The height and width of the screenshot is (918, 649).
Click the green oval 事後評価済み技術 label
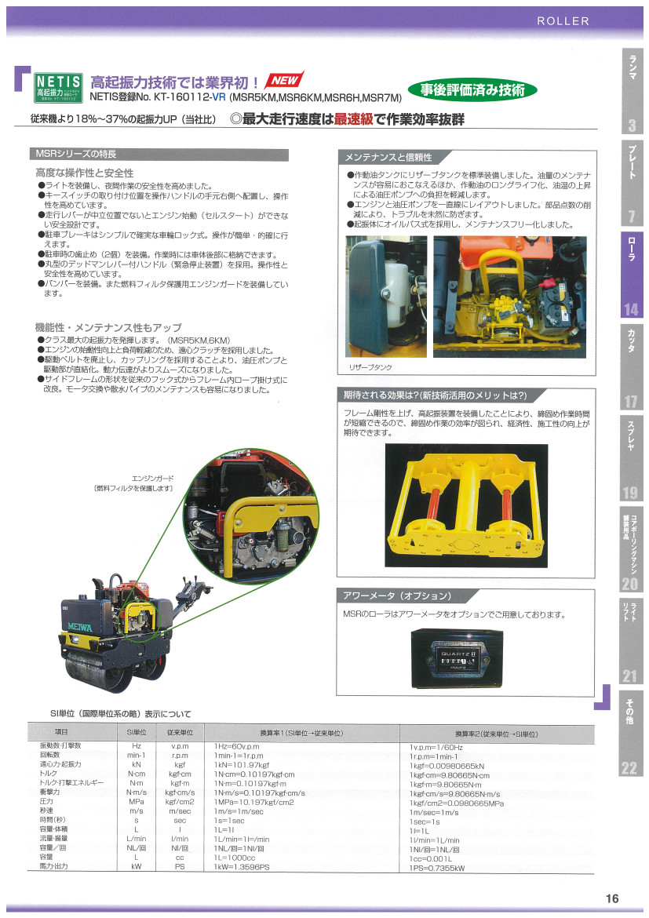pos(472,90)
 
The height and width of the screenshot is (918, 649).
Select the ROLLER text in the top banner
pos(563,21)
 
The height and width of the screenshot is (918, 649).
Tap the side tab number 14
pos(631,309)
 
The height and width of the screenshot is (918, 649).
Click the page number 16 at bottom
pos(612,898)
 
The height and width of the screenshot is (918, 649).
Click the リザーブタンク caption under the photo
pos(366,366)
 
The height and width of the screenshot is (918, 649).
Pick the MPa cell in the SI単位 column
pos(136,802)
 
